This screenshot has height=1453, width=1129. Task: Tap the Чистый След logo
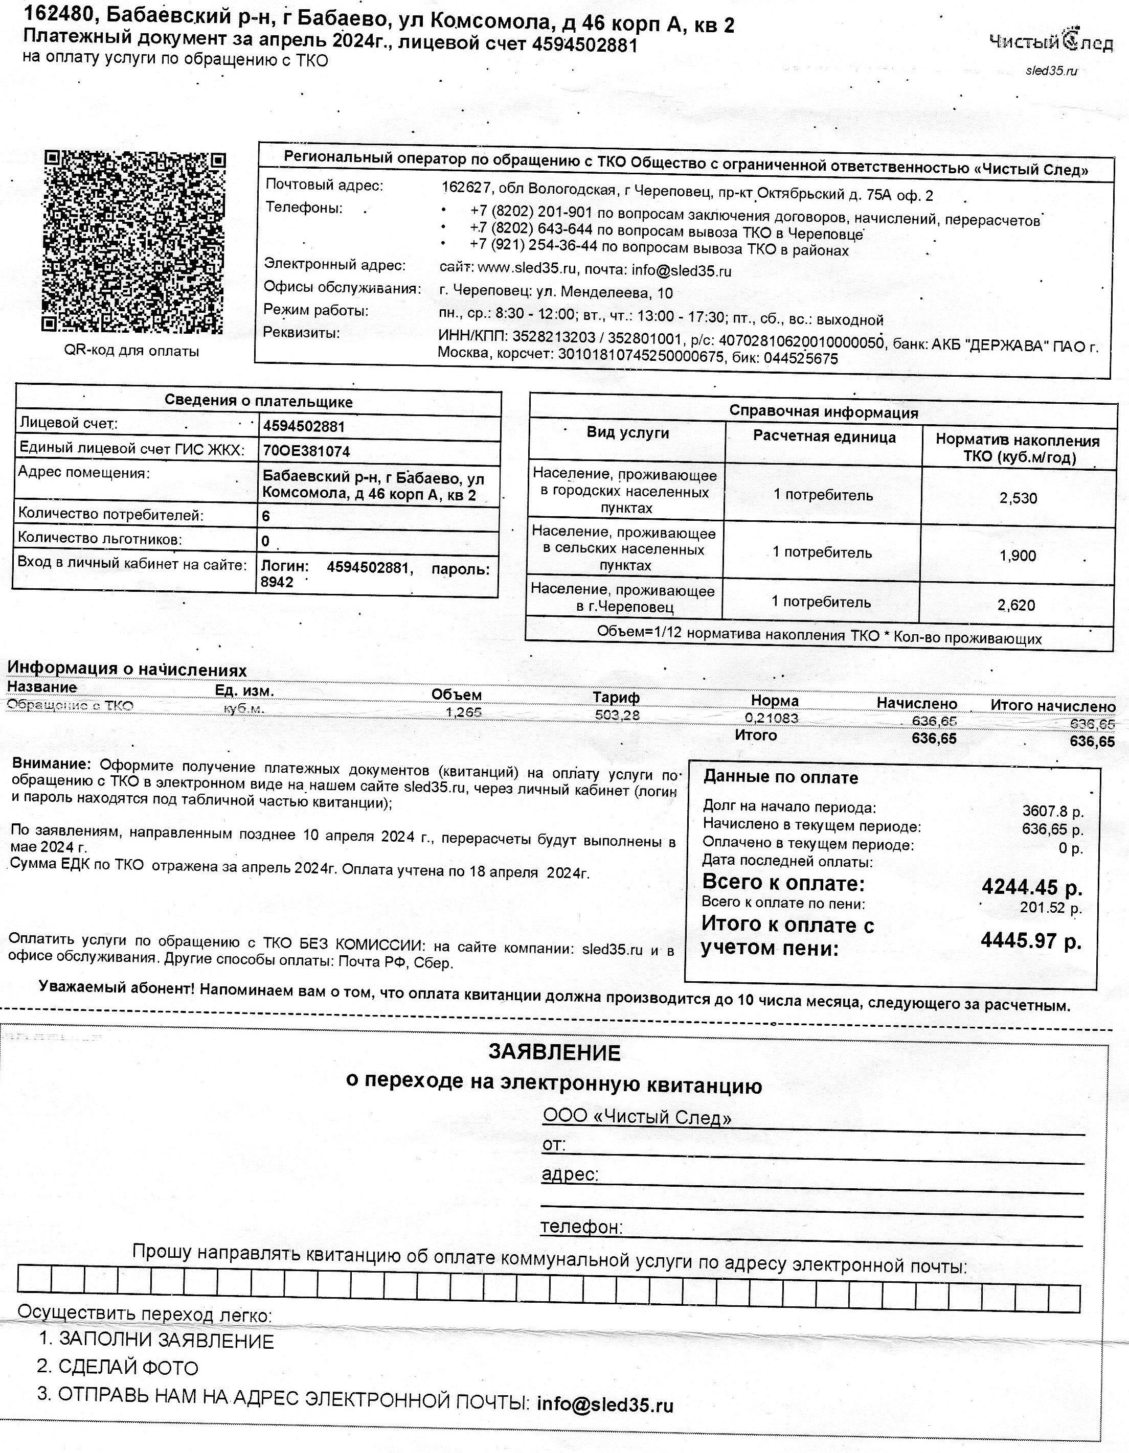1050,42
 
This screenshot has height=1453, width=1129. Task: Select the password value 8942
277,583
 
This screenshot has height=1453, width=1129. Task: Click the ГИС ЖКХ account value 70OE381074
306,451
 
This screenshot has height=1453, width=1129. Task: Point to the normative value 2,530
1018,498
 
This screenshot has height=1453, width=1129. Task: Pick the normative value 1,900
1018,556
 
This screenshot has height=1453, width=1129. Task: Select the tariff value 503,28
617,715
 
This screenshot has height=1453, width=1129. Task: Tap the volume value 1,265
463,712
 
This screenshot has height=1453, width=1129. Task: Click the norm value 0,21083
772,718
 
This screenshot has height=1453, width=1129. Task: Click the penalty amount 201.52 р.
1050,908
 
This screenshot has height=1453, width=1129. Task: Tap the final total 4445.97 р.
1030,941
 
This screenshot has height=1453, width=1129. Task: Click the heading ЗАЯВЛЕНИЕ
554,1052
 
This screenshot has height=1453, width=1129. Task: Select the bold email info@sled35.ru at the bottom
605,1404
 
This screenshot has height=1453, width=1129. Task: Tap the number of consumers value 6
266,516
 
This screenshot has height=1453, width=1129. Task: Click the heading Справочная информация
823,412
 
